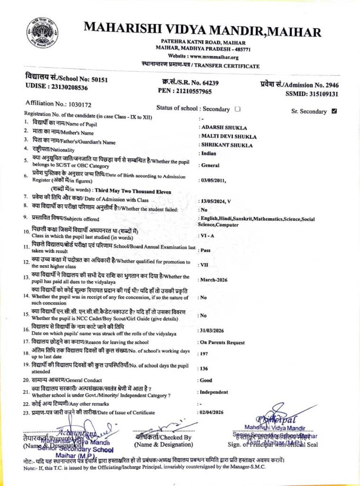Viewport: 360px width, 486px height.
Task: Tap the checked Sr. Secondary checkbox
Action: pyautogui.click(x=334, y=111)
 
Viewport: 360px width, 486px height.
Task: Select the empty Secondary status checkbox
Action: pyautogui.click(x=238, y=109)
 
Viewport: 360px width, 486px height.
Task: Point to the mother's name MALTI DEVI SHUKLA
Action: pyautogui.click(x=229, y=136)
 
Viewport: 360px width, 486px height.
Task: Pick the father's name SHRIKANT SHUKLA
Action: pyautogui.click(x=227, y=145)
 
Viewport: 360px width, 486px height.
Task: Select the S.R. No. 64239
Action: pyautogui.click(x=210, y=83)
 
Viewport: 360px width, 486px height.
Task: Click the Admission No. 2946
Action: pyautogui.click(x=332, y=85)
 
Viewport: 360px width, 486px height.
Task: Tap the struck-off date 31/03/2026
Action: pyautogui.click(x=212, y=330)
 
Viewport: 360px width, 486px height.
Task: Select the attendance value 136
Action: pyautogui.click(x=204, y=369)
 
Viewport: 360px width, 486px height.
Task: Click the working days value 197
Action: pyautogui.click(x=204, y=354)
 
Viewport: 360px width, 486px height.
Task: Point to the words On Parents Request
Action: pyautogui.click(x=222, y=342)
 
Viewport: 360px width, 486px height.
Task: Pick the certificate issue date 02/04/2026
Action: pyautogui.click(x=211, y=412)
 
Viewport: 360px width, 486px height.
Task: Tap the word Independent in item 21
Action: pyautogui.click(x=214, y=392)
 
